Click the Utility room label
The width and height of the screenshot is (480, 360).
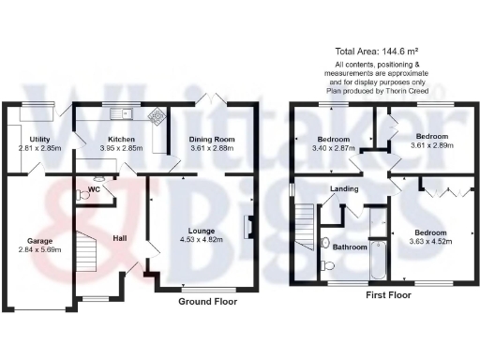[39, 139]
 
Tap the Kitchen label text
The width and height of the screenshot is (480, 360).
[118, 139]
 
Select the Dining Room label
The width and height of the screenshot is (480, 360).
[212, 139]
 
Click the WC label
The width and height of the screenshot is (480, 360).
[94, 190]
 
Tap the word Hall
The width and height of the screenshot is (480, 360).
[120, 237]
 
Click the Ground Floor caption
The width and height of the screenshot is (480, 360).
[207, 302]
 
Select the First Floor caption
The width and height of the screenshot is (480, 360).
[388, 294]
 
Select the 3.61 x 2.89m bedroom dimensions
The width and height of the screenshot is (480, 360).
[432, 146]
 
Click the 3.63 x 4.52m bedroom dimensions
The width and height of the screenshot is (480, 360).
[430, 240]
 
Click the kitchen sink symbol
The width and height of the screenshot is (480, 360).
[121, 114]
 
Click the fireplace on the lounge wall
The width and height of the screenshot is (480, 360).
[249, 226]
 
